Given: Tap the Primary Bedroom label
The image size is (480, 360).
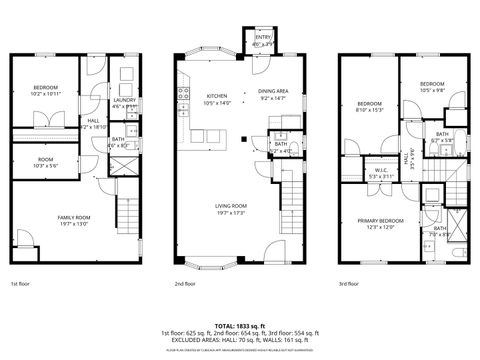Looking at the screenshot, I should [384, 222].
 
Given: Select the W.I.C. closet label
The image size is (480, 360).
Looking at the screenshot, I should [382, 169].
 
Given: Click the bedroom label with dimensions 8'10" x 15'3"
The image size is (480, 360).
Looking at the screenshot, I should [370, 106].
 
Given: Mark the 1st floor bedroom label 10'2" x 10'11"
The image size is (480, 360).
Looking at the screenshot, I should [45, 91].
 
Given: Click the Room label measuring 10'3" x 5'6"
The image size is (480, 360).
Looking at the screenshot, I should [45, 162].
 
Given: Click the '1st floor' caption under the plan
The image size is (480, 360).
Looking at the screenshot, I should [20, 285].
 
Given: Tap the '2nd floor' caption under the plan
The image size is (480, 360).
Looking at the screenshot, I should [184, 285].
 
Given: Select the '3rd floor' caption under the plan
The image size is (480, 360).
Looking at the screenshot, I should [349, 285].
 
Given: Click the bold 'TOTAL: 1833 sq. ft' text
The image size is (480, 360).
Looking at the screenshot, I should [239, 326].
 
